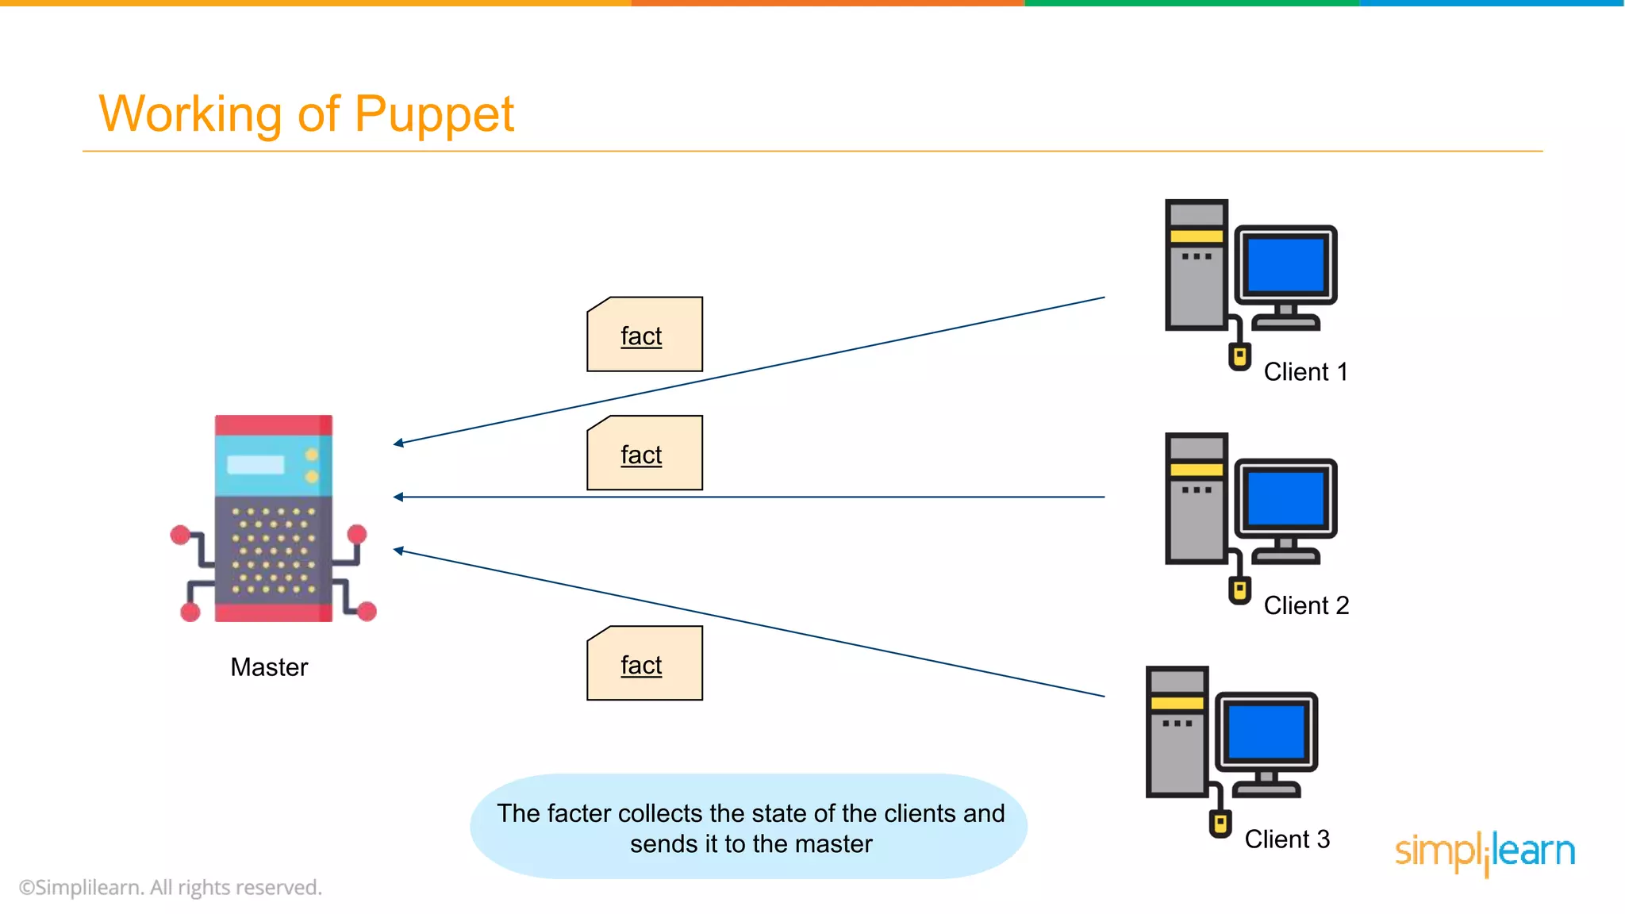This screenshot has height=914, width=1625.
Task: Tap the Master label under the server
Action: pos(269,667)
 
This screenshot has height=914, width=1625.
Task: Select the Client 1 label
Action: pos(1305,372)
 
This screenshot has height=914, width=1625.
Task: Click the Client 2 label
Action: pos(1306,605)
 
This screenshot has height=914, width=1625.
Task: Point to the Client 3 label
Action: pos(1286,839)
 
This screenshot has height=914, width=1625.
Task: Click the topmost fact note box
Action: pos(644,335)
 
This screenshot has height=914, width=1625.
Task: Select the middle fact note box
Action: pos(644,453)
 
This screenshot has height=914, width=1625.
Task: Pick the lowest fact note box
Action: pos(644,663)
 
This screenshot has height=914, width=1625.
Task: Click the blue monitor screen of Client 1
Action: pos(1285,265)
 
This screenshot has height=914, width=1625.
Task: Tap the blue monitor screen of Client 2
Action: pos(1285,498)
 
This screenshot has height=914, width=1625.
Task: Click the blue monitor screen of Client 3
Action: pos(1266,732)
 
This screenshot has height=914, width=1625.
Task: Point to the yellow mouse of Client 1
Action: pos(1239,356)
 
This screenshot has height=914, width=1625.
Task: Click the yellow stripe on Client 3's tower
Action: pos(1177,703)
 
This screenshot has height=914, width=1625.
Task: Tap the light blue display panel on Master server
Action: pos(255,464)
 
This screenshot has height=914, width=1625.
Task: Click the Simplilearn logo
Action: pos(1485,851)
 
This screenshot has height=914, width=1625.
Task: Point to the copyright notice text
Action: pos(171,887)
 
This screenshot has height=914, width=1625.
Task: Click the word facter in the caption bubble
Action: pos(578,813)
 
